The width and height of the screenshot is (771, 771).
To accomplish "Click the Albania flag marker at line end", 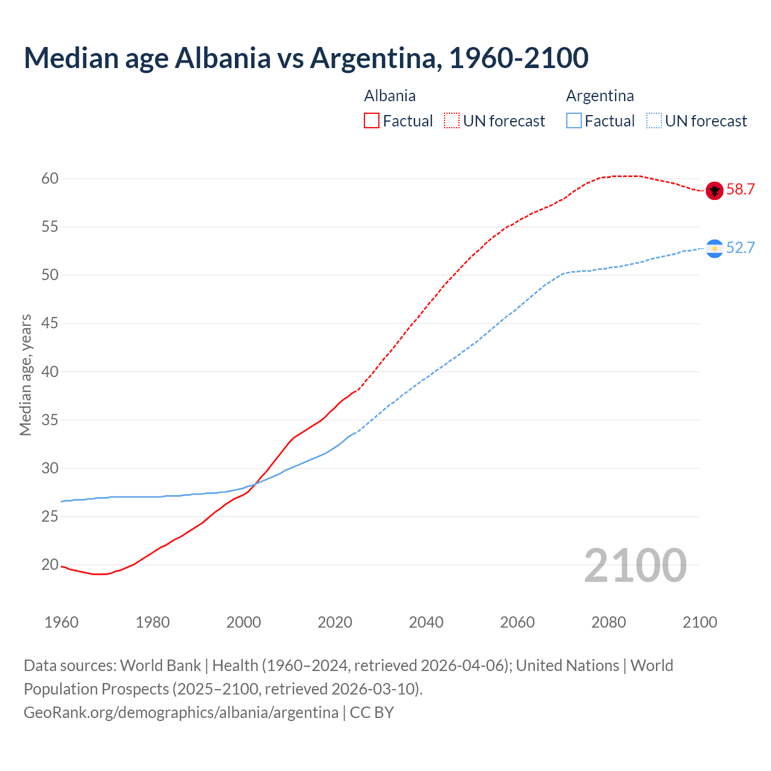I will click(714, 191).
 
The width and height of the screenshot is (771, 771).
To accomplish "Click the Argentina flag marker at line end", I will click(714, 249).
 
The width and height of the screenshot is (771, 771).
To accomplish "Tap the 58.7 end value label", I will click(740, 190).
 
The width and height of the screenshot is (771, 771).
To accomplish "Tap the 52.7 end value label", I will click(740, 248).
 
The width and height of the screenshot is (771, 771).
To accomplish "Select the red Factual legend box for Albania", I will click(372, 121).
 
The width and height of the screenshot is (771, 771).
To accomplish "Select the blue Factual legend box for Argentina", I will click(574, 121).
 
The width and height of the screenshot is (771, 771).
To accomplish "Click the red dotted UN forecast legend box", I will click(452, 121).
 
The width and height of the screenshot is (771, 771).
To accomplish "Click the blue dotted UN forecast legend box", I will click(654, 121).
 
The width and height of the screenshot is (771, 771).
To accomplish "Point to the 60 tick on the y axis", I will click(50, 179).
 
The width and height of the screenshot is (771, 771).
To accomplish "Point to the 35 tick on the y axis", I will click(50, 420).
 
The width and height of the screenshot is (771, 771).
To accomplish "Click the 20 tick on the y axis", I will click(50, 565).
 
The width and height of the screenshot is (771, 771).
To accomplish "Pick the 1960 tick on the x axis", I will click(61, 622).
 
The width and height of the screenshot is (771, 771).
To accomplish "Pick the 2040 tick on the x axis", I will click(426, 622).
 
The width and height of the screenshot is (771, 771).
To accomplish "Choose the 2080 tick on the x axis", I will click(608, 622).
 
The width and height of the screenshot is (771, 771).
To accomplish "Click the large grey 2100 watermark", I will click(635, 566).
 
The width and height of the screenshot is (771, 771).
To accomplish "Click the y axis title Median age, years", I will click(25, 375).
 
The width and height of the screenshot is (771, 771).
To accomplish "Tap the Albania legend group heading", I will click(390, 96).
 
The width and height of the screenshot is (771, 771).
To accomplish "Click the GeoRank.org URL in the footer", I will click(181, 713).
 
